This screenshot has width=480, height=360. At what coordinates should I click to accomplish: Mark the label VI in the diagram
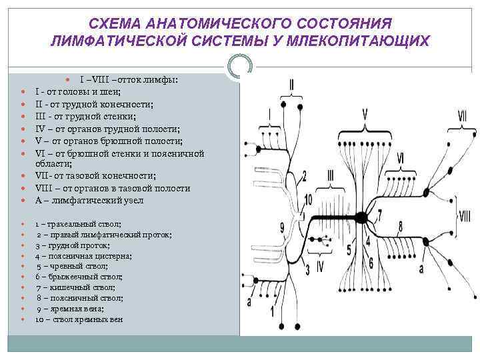point(399,159)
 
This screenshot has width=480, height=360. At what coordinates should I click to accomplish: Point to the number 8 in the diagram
point(400,225)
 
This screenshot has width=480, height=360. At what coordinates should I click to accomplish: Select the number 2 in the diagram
point(304,176)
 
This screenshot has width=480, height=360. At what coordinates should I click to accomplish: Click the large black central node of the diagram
point(361,217)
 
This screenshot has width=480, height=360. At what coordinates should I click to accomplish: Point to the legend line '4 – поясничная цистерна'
point(83,255)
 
